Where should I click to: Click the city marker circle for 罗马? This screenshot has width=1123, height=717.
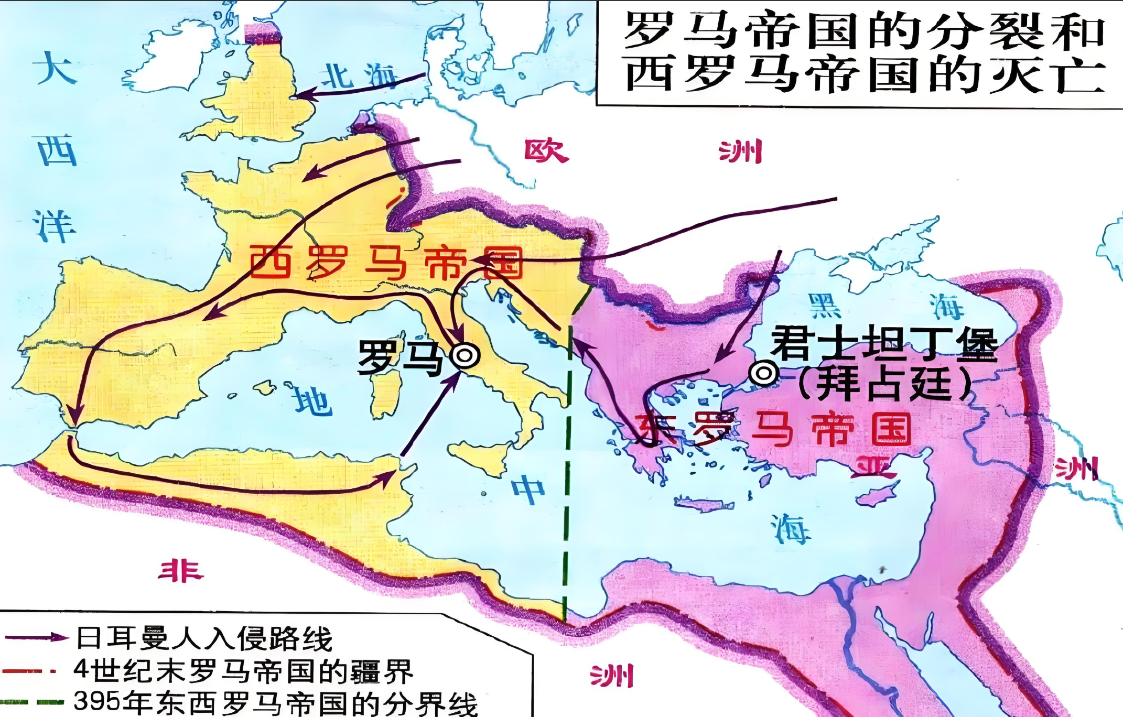(465, 356)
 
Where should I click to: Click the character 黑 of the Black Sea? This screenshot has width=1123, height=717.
(824, 306)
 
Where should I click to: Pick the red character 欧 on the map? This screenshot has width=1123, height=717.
(546, 151)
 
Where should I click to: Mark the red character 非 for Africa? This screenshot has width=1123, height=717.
(180, 571)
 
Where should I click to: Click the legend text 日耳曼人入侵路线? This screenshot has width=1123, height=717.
(204, 638)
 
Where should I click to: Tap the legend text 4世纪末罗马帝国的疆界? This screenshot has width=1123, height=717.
(243, 670)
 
